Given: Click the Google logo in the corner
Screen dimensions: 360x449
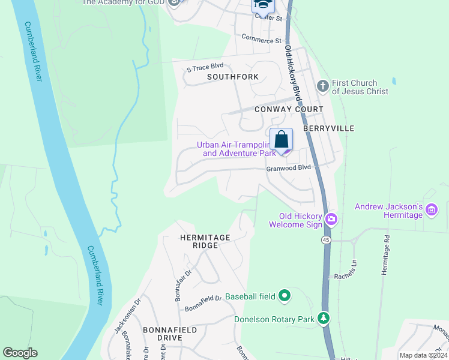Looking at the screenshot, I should click(20, 353).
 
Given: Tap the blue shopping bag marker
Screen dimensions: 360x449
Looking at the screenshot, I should click(281, 140).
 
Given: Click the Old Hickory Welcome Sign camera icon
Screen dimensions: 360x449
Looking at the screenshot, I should click(330, 220).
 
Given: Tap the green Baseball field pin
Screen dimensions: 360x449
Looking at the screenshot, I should click(285, 296).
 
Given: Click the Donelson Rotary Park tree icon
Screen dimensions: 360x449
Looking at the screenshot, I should click(324, 317).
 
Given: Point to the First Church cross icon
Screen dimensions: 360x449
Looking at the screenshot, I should click(322, 86).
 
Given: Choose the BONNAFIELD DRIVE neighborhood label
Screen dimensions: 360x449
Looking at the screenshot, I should click(162, 334).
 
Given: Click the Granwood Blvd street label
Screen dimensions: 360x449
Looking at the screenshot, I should click(289, 169).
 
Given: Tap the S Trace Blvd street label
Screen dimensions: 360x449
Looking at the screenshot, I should click(205, 67).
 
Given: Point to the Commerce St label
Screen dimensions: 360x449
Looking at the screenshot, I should click(261, 40).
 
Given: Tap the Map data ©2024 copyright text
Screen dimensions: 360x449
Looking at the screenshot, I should click(423, 355).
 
